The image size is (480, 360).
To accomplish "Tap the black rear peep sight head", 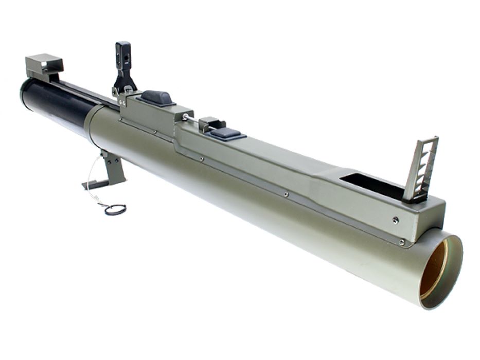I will (x=123, y=55).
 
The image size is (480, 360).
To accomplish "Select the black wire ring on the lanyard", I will (x=116, y=209).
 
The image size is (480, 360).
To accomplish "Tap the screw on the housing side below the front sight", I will (x=395, y=220).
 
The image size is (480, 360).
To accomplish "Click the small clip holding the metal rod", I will (x=211, y=123).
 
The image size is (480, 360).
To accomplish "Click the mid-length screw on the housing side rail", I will (x=286, y=194).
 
